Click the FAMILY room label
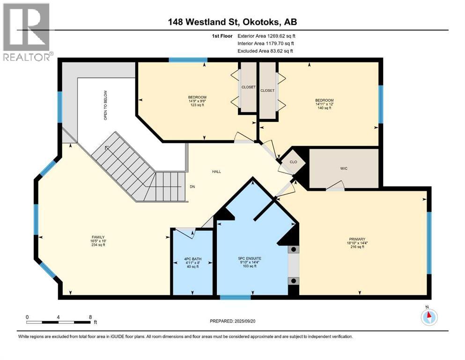tap(98, 237)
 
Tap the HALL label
tap(216, 172)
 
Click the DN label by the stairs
tap(192, 187)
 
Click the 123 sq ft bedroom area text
tap(197, 105)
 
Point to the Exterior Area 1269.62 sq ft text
tap(266, 36)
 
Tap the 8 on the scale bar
tap(90, 317)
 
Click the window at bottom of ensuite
tap(235, 297)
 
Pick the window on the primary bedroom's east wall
tap(428, 242)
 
